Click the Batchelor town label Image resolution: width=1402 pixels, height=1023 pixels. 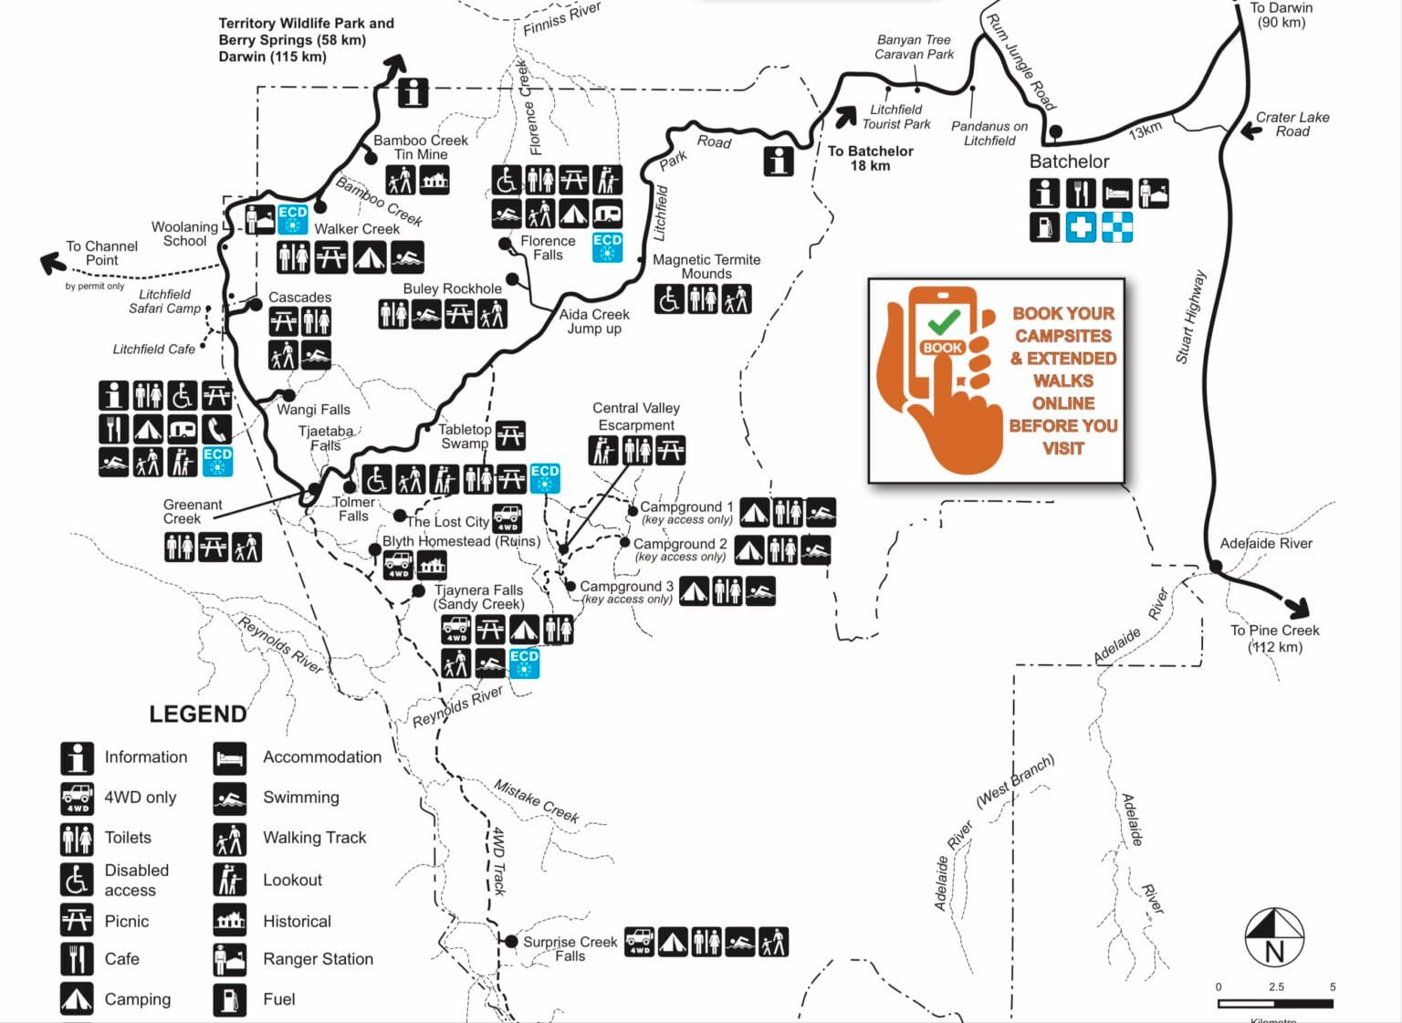point(1069,162)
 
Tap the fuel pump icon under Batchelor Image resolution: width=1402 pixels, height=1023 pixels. point(1045,227)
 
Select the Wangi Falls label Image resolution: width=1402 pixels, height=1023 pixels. point(313,410)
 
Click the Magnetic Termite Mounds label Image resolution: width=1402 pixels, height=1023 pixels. point(706,266)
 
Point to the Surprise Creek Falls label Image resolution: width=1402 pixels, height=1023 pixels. point(570,948)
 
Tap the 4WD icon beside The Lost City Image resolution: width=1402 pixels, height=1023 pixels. point(507,518)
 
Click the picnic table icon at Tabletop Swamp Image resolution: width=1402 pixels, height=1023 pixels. point(510,435)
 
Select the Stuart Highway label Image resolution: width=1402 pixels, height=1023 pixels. point(1190,317)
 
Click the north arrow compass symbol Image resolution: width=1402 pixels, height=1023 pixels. point(1274,937)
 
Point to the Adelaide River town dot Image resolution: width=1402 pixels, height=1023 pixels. point(1216,567)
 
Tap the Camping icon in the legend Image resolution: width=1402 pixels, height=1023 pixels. point(77,998)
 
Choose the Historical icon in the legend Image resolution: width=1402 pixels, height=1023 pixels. point(230,920)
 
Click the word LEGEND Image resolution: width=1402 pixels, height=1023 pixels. point(197,714)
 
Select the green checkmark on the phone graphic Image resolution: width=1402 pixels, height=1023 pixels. point(943,320)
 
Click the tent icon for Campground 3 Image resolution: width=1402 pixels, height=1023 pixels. point(694,591)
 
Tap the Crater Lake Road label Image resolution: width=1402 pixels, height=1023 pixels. point(1292,124)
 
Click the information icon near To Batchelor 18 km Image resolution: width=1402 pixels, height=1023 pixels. point(778,161)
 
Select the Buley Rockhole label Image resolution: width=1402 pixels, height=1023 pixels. point(452,288)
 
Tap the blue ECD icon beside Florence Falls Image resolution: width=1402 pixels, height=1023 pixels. point(607,246)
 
